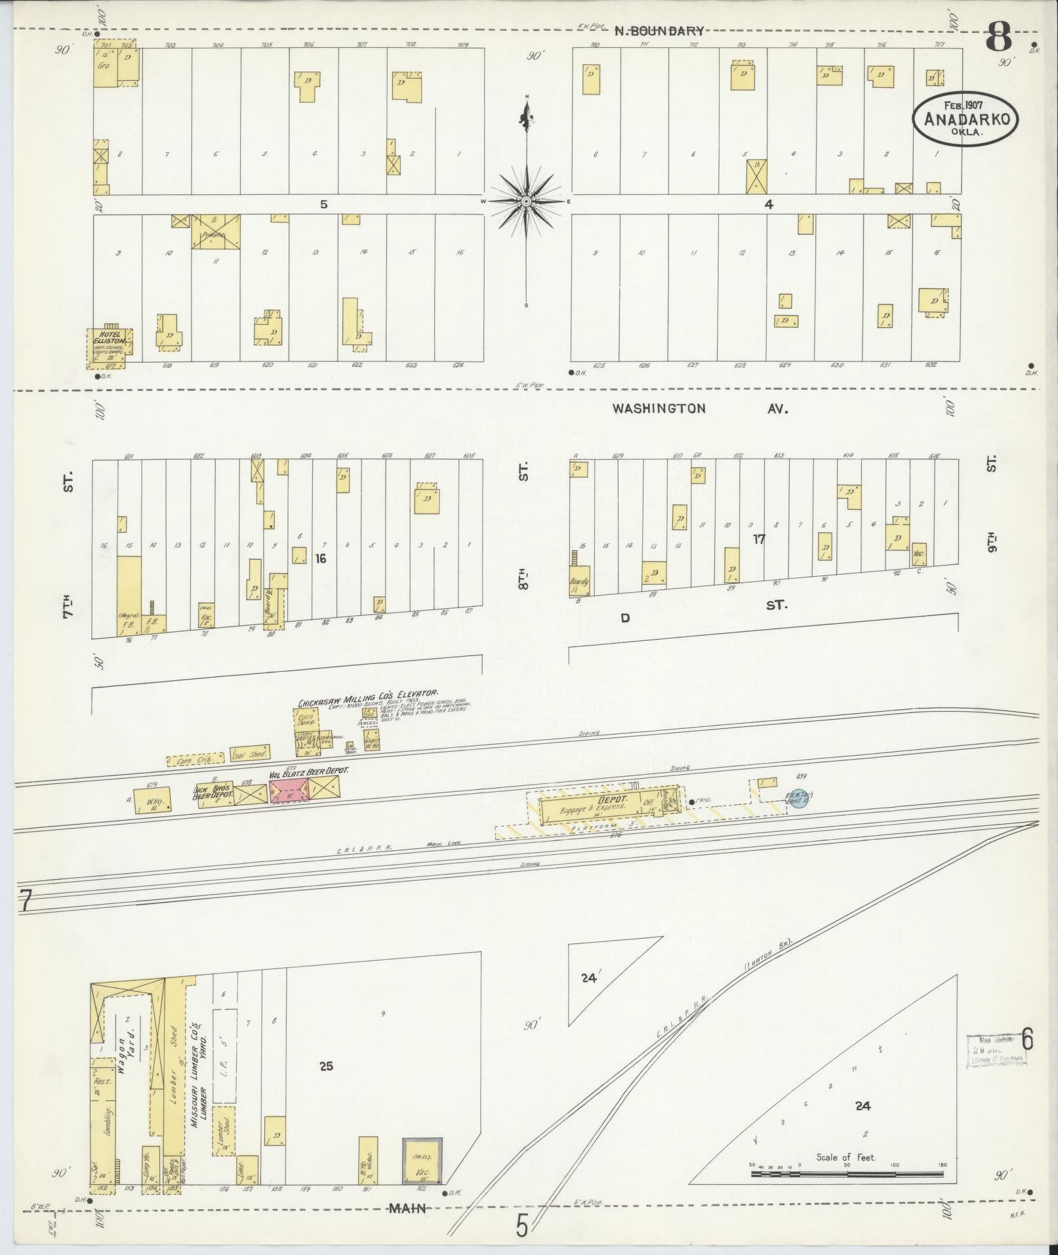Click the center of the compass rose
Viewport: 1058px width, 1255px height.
click(525, 201)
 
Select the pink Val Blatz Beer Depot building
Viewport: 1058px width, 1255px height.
click(289, 789)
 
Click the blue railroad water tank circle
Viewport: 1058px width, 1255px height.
click(797, 799)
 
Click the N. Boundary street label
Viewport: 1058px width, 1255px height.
click(659, 30)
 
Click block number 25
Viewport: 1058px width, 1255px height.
click(326, 1066)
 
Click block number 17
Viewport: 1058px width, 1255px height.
click(759, 539)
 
